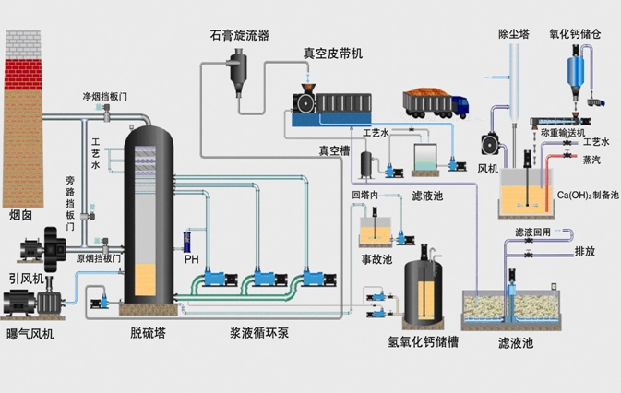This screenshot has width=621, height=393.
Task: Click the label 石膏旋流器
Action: [x=239, y=35]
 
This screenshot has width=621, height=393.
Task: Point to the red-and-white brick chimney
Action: [x=22, y=111]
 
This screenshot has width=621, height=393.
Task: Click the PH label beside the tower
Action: [x=192, y=259]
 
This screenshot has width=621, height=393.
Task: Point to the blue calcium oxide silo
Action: [x=581, y=70]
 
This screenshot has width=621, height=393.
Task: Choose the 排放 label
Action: [x=585, y=250]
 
